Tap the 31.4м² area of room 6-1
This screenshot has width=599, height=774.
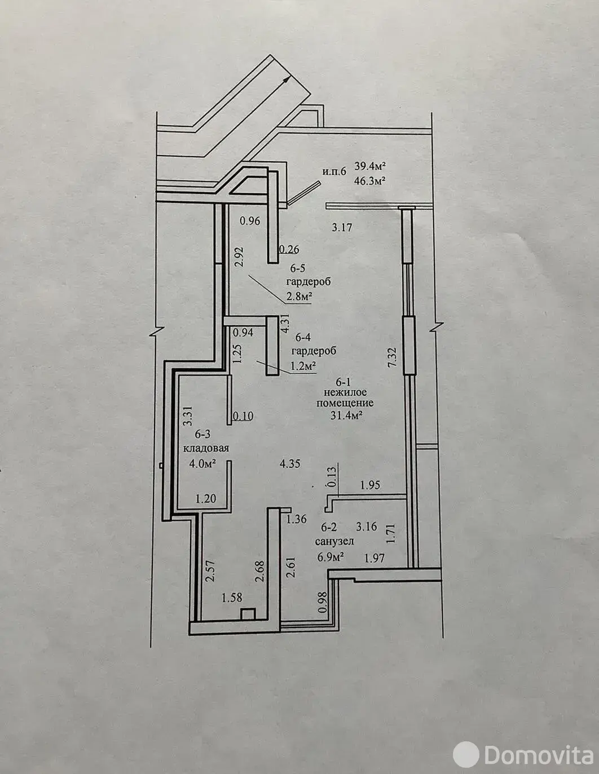[346, 415]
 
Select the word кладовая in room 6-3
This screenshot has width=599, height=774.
[206, 448]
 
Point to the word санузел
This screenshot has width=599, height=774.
[334, 541]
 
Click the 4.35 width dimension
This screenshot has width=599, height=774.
[290, 464]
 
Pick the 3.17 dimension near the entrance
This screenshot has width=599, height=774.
[342, 227]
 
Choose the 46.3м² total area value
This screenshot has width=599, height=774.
[371, 180]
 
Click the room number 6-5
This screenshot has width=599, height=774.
[298, 268]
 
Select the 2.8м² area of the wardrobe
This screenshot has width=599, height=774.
[298, 297]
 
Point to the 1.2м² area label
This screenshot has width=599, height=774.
[303, 365]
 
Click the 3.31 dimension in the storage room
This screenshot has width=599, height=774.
[188, 416]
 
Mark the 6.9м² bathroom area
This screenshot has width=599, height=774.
[331, 556]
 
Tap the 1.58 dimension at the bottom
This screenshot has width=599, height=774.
[232, 598]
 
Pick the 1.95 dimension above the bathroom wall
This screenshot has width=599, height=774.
[370, 485]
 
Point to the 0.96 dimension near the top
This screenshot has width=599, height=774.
[250, 221]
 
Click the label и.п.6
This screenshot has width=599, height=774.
[334, 172]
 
